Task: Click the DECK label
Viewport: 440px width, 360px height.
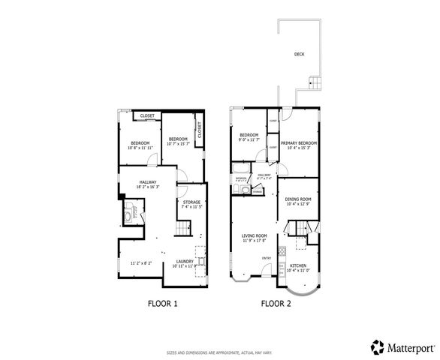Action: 299,54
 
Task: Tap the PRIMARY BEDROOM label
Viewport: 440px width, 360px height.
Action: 299,143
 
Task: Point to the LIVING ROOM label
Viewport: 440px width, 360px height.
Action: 254,236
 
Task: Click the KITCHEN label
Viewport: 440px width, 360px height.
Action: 298,265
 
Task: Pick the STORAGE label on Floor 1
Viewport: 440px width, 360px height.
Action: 191,202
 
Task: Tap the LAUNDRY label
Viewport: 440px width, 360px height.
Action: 183,260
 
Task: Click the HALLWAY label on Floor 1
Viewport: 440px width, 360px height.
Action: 146,181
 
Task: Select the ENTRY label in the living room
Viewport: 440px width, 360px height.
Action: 266,259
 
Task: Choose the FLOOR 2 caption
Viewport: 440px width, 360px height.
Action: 276,304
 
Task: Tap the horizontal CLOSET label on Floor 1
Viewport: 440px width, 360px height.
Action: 147,115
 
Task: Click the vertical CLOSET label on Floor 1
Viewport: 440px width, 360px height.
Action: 200,128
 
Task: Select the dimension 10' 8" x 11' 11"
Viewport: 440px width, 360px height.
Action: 140,148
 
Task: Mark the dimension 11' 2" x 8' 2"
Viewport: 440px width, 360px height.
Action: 141,263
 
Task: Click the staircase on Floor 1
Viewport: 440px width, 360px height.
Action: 182,229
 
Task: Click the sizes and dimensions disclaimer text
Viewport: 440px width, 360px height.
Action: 219,352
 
